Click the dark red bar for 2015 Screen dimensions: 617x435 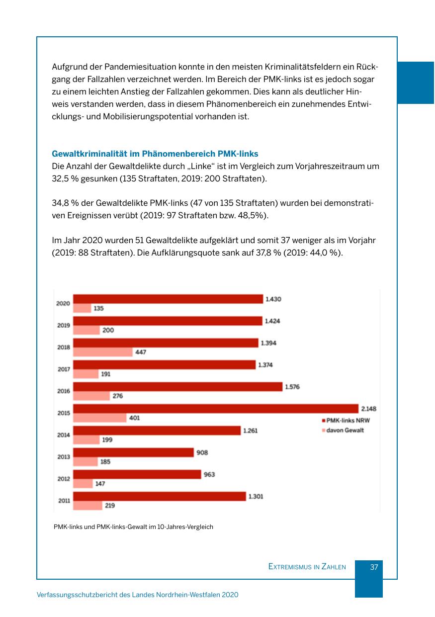tap(216, 409)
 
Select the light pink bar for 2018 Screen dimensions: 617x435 tap(103, 353)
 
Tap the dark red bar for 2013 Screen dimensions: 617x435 tap(133, 452)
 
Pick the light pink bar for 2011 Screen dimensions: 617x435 tap(87, 506)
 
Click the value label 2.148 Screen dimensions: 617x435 tap(368, 409)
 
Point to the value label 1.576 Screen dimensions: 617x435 tap(292, 387)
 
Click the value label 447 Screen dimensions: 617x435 tap(141, 353)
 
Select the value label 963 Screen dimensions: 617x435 tap(209, 474)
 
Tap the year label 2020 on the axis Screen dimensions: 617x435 tap(63, 303)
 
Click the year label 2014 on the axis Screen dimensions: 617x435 tap(63, 435)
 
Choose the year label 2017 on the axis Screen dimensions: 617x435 tap(63, 369)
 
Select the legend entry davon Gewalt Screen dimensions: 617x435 tap(345, 430)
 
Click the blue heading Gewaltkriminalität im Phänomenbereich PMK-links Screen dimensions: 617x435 tap(155, 154)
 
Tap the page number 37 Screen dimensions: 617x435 tap(374, 567)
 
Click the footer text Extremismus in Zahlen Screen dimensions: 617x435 tap(307, 567)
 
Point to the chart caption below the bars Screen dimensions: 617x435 tap(133, 527)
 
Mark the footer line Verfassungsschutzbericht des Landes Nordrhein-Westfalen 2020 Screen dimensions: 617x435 tap(138, 595)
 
